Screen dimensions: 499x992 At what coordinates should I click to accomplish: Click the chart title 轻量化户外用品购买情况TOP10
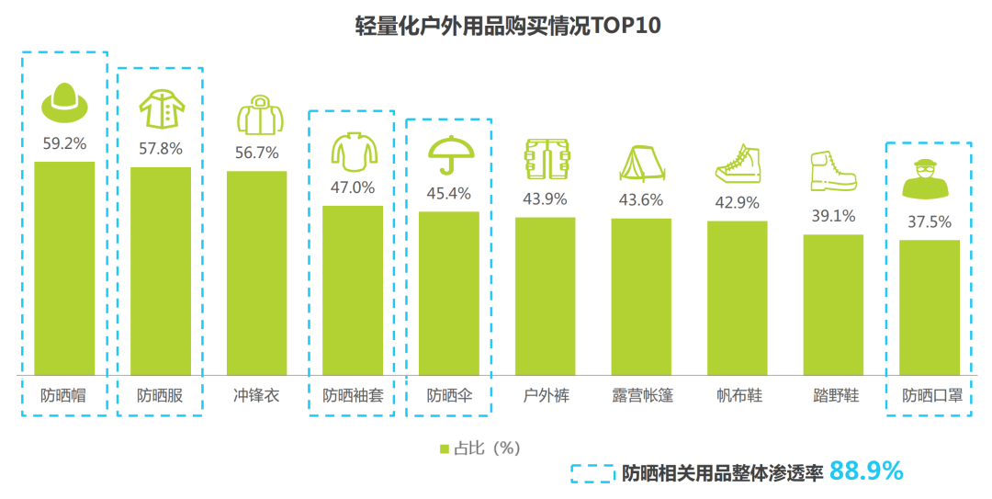[x=495, y=25]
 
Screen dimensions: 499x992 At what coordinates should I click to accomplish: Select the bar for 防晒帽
[x=64, y=268]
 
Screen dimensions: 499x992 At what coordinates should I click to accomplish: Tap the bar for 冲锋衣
[x=256, y=273]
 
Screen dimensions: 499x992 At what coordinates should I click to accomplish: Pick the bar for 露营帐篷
[x=641, y=297]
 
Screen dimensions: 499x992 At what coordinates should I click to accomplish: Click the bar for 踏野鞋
[x=833, y=305]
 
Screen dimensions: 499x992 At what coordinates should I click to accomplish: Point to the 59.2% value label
[x=64, y=142]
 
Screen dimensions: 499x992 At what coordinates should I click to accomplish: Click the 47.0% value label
[x=353, y=187]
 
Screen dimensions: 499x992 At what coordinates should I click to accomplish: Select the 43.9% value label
[x=545, y=198]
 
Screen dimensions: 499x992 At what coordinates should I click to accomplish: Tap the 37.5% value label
[x=929, y=221]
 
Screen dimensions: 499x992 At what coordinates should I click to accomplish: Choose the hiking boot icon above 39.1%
[x=833, y=171]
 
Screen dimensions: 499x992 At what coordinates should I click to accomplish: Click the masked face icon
[x=929, y=179]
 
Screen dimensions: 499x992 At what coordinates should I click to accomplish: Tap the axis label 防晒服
[x=160, y=396]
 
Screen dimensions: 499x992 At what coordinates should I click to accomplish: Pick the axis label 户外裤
[x=545, y=396]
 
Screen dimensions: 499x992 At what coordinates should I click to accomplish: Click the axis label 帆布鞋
[x=738, y=396]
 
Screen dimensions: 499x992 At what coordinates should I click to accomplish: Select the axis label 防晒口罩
[x=929, y=396]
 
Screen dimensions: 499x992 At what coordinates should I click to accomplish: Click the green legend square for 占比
[x=445, y=448]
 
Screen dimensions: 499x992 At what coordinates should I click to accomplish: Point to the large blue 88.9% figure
[x=866, y=471]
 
